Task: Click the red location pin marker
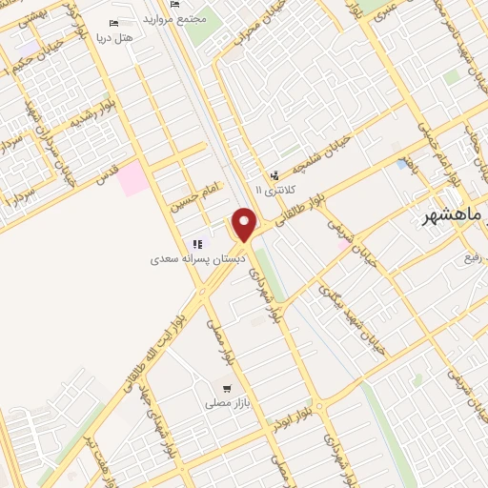tap(245, 225)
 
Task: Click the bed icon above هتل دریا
tap(115, 23)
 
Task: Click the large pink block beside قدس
tap(133, 178)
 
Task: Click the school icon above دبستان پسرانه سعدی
tap(197, 245)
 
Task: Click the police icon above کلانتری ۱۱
tap(274, 175)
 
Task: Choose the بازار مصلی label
tap(227, 403)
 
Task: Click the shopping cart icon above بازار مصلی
tap(227, 388)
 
